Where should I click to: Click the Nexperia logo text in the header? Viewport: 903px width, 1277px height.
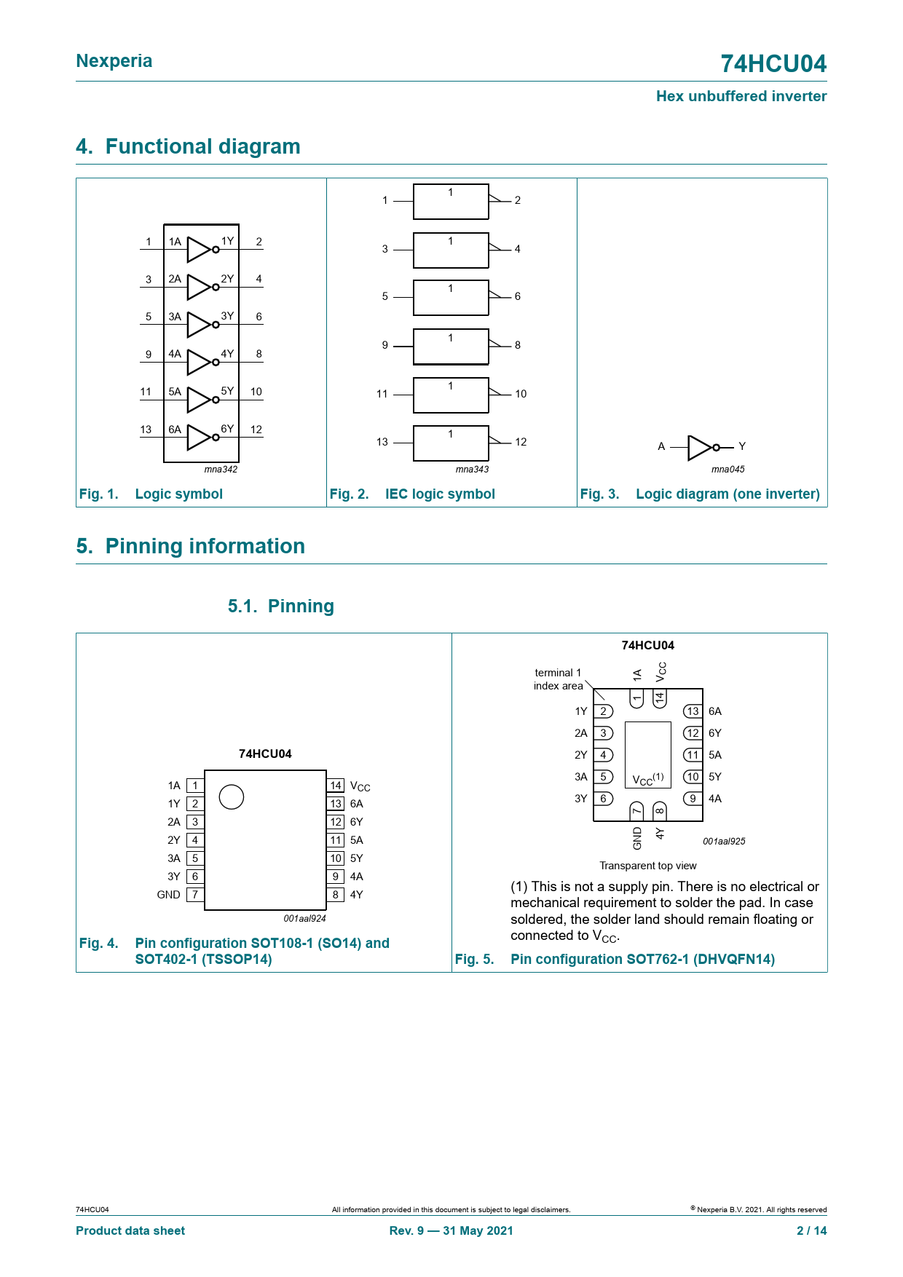[x=114, y=61]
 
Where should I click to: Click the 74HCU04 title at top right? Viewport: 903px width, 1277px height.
[x=773, y=64]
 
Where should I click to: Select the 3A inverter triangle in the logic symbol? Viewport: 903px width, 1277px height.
[x=198, y=325]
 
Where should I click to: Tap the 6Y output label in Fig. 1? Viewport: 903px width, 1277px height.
[x=227, y=429]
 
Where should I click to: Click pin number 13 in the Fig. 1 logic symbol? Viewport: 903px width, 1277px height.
[x=146, y=430]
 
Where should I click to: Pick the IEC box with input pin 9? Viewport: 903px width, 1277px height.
[x=451, y=347]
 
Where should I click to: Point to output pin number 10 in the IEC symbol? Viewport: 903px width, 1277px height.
[x=521, y=394]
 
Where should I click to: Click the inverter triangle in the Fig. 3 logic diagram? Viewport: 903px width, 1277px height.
[x=699, y=447]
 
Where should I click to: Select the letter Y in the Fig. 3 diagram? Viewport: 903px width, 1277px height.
[x=742, y=446]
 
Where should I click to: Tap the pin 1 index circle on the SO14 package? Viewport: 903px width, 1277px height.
[x=232, y=797]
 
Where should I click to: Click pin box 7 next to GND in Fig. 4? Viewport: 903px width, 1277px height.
[x=195, y=895]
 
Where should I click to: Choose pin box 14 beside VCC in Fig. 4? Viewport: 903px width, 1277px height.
[x=336, y=786]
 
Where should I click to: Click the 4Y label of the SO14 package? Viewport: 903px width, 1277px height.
[x=356, y=895]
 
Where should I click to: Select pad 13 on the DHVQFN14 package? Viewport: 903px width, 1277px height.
[x=693, y=711]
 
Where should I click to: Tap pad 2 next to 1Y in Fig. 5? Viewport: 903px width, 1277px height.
[x=603, y=711]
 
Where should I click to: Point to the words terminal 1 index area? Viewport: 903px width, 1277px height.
[x=558, y=679]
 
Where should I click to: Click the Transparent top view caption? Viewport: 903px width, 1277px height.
[x=647, y=866]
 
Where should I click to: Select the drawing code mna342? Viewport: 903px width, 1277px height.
[x=221, y=470]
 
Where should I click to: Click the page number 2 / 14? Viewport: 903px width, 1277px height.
[x=811, y=1230]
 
